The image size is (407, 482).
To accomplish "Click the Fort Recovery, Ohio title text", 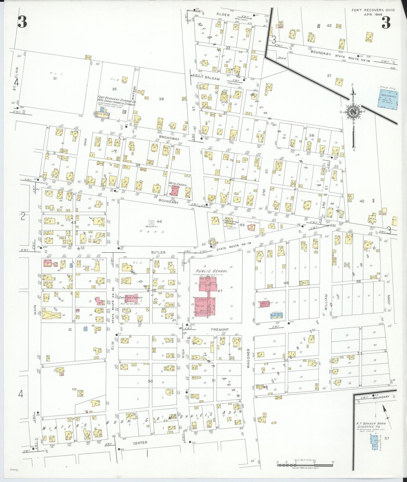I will coord(373,10).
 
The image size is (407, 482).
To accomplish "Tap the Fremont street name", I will coord(220,329).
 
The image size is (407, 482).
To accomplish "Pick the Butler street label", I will coord(158,252).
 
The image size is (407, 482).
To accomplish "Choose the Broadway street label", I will coord(169,139).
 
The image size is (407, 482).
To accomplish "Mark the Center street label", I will coord(140,443).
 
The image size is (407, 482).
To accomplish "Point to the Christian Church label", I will coord(130,297).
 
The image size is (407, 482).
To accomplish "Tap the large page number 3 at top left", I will coord(22,22).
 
